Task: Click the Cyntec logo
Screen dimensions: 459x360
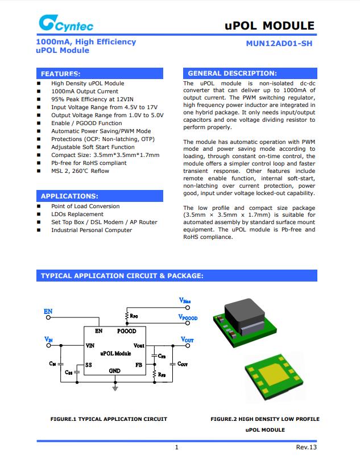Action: pyautogui.click(x=66, y=23)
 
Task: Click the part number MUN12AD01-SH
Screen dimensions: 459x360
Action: pyautogui.click(x=279, y=43)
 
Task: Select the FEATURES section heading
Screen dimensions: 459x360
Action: pyautogui.click(x=60, y=74)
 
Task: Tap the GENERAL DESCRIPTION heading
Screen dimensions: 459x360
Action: pyautogui.click(x=232, y=73)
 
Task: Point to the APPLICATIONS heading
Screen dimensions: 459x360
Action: pyautogui.click(x=69, y=196)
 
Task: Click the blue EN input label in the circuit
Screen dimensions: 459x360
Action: pyautogui.click(x=48, y=311)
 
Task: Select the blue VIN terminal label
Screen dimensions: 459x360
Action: pyautogui.click(x=49, y=340)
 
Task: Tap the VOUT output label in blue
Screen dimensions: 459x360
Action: pyautogui.click(x=187, y=340)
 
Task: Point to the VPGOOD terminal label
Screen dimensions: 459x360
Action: pyautogui.click(x=187, y=317)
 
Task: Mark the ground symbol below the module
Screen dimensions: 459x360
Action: pyautogui.click(x=115, y=388)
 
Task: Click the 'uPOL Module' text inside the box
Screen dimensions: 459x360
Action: pyautogui.click(x=115, y=353)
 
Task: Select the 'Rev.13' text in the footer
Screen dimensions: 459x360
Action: pyautogui.click(x=306, y=447)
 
